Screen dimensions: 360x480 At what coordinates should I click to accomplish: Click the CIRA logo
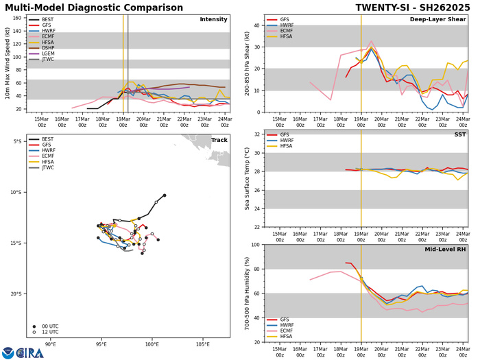[23, 352]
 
